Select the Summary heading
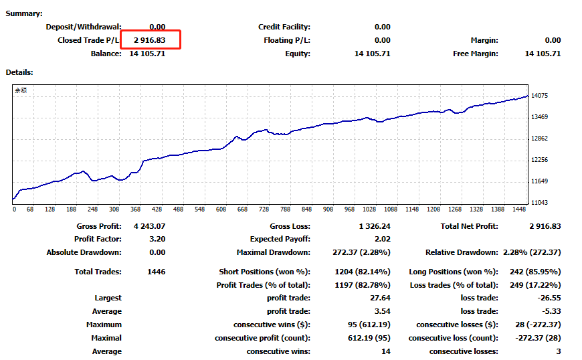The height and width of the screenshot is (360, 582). click(24, 13)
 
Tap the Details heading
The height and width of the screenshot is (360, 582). click(19, 72)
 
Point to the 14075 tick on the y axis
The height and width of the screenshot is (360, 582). click(539, 96)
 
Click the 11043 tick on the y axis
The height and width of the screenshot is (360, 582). click(539, 203)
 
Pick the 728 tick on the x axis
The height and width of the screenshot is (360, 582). click(264, 209)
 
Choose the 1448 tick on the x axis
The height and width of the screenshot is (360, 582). click(518, 209)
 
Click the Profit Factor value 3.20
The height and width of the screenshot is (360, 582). click(157, 239)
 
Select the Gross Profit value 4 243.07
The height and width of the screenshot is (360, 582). click(149, 226)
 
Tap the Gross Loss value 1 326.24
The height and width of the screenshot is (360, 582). click(374, 226)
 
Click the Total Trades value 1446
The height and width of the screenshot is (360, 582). click(155, 272)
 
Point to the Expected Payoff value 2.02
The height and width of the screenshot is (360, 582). click(382, 239)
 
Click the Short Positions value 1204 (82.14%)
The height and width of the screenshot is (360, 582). click(362, 272)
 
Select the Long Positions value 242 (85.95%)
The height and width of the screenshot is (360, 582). click(532, 272)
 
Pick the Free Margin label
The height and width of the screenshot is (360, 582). click(475, 54)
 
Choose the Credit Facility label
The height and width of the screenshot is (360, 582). click(284, 27)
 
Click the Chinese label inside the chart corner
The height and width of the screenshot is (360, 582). click(21, 90)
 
